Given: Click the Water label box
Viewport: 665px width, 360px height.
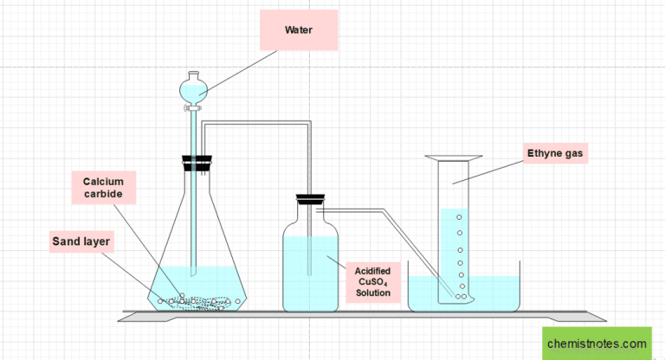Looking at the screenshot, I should (298, 29).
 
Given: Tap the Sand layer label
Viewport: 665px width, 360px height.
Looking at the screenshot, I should (79, 241).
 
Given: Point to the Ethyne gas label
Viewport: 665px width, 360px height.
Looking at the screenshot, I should (555, 155).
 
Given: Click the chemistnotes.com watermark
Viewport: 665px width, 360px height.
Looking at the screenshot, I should (597, 344).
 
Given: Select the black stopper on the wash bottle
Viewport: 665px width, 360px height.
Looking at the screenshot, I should (310, 199).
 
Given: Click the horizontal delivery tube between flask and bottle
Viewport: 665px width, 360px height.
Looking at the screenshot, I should (255, 124).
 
